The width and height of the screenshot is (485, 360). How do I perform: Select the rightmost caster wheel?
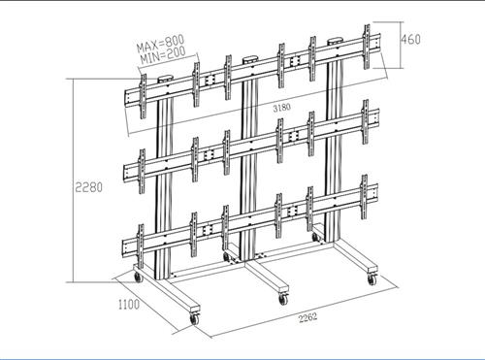(x=371, y=280)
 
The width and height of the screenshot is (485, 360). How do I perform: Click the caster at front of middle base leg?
(x=284, y=295)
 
